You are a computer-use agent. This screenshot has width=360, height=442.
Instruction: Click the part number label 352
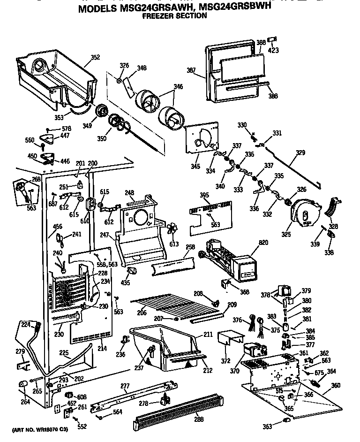coord(95,58)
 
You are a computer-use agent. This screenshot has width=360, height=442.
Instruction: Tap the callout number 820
coord(263,243)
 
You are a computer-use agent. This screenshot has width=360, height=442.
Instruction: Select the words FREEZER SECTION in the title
coord(174,15)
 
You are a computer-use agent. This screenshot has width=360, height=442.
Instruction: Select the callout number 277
coord(125,386)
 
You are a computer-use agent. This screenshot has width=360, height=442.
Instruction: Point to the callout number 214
coord(101,348)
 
